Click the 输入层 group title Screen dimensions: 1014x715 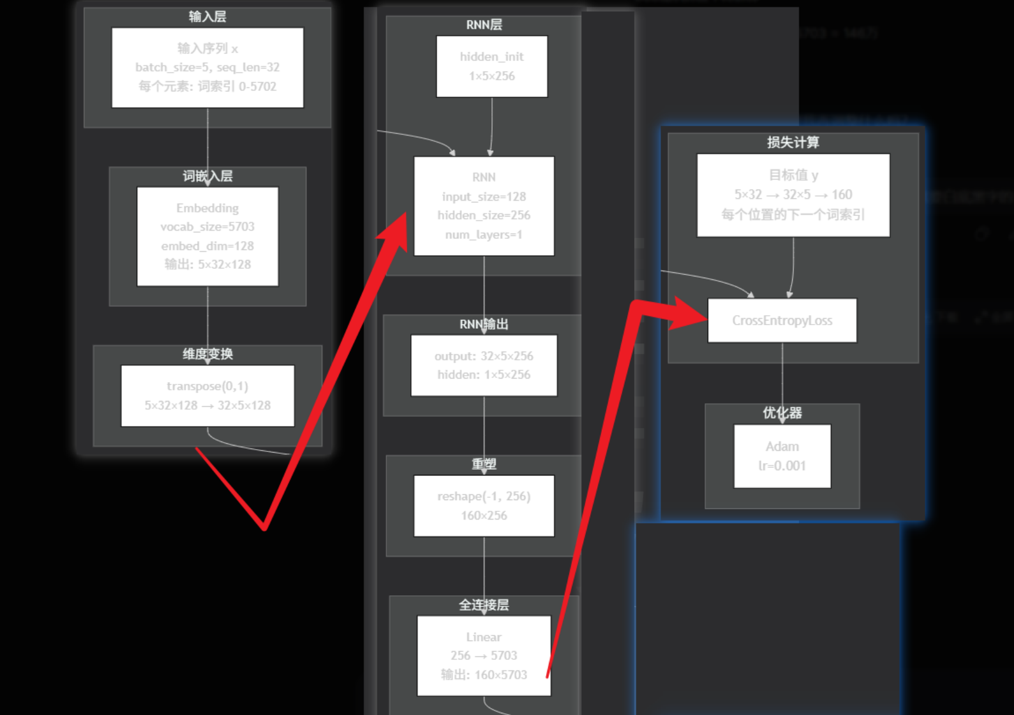tap(207, 16)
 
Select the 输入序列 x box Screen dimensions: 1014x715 tap(207, 68)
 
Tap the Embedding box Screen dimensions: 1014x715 tap(207, 236)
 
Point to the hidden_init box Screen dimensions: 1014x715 tap(491, 66)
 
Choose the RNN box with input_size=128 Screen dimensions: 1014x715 tap(484, 205)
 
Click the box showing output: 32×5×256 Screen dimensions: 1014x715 tap(484, 365)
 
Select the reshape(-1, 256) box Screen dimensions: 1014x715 tap(484, 505)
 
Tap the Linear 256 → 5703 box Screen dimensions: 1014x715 tap(484, 655)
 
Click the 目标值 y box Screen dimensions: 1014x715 tap(793, 195)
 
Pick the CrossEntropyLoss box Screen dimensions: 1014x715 tap(781, 321)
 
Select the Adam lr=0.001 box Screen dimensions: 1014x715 tap(782, 456)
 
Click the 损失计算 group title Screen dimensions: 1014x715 tap(793, 142)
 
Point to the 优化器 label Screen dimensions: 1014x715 tap(782, 413)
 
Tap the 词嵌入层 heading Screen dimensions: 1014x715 tap(207, 176)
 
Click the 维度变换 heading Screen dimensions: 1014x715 tap(207, 354)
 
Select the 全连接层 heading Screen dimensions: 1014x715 tap(484, 605)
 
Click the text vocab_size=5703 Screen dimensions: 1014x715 tap(207, 227)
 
